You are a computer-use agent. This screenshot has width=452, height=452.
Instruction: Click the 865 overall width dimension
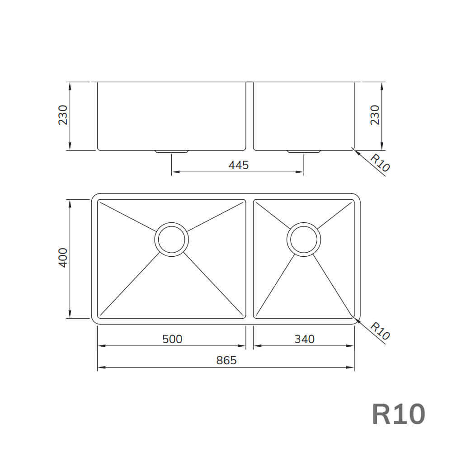click(x=226, y=360)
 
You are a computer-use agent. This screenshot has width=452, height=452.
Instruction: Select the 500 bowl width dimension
click(x=172, y=339)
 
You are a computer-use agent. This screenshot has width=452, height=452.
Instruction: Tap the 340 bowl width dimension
click(x=304, y=339)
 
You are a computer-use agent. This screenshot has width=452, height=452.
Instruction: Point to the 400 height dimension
click(x=63, y=258)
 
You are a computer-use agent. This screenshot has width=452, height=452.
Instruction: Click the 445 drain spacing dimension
click(x=238, y=165)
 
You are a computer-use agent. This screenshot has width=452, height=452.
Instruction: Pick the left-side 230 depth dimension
click(x=63, y=115)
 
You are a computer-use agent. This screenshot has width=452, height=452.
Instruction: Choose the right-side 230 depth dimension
click(x=375, y=115)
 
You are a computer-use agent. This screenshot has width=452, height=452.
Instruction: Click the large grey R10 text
click(x=399, y=414)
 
